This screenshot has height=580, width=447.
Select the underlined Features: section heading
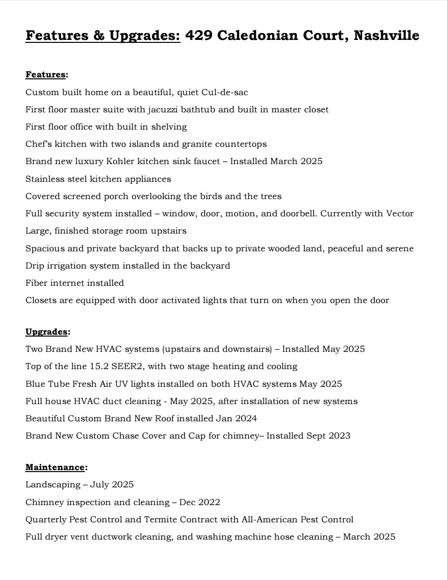[46, 75]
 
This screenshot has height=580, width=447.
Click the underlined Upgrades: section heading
[47, 332]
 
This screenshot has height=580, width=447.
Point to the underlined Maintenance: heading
[56, 467]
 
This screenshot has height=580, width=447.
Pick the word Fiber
[36, 283]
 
